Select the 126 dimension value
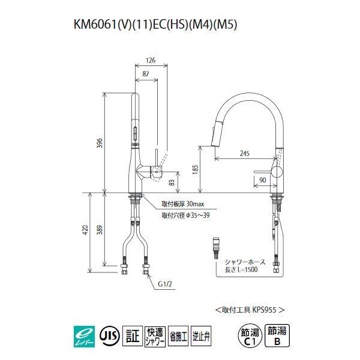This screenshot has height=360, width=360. tap(151, 59)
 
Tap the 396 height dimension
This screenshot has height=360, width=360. tap(100, 143)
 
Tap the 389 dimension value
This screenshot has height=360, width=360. tap(101, 230)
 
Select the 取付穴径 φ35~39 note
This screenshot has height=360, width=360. tap(184, 215)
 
